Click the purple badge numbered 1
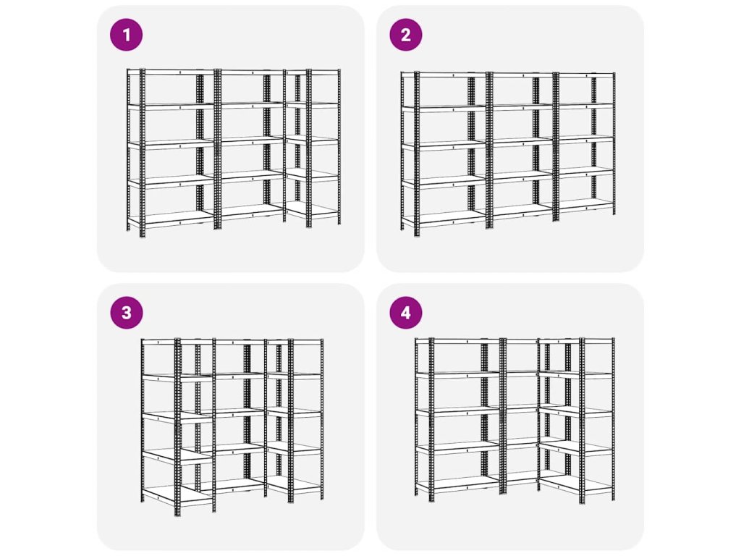[x=126, y=35]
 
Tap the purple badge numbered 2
[x=406, y=35]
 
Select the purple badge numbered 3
[x=126, y=313]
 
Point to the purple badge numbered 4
[x=406, y=313]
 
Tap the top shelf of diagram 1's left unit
[x=172, y=72]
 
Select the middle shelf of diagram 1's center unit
[x=250, y=140]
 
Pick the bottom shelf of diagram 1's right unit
[x=313, y=210]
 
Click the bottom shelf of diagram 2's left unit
[x=445, y=219]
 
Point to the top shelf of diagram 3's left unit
[x=161, y=342]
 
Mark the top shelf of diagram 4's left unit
[x=458, y=340]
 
